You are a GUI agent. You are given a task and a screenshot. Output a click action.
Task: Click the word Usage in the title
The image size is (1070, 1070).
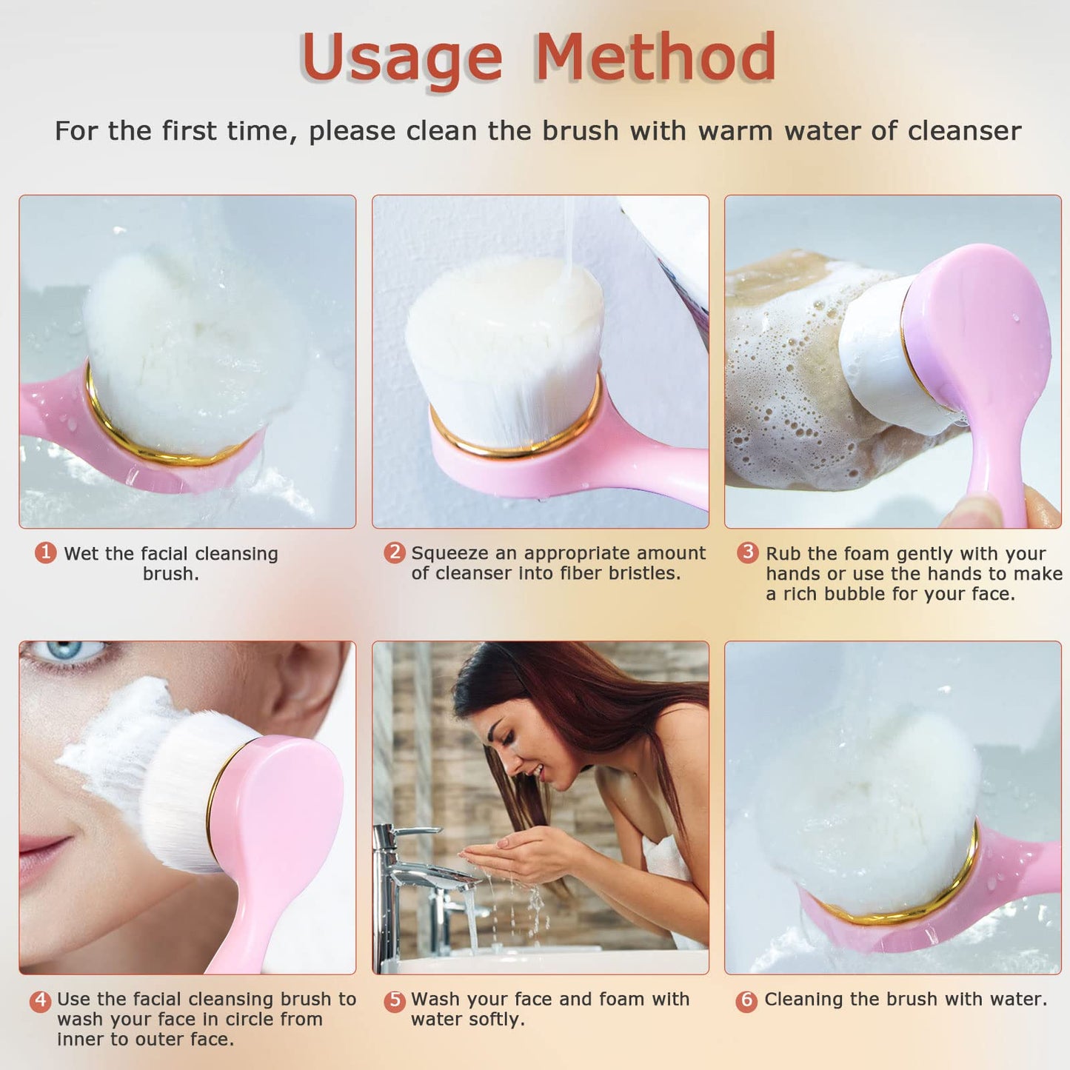coord(401,58)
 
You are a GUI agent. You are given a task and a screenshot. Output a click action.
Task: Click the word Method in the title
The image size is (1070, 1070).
coord(655,58)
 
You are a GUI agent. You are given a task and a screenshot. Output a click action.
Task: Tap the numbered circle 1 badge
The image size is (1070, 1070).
coord(46,552)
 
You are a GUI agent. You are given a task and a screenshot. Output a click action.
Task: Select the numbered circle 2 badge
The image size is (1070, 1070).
coord(395,552)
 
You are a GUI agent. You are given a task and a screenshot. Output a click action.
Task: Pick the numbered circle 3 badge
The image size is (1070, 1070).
coord(748,552)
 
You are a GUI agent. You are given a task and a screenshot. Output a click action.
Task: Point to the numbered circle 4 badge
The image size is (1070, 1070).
coord(41,1001)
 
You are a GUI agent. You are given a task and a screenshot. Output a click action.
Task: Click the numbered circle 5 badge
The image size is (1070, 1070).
coord(395,1001)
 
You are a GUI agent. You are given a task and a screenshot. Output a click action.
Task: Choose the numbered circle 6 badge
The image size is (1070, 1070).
coord(746,1001)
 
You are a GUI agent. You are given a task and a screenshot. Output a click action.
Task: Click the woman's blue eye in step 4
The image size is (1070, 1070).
coord(67,652)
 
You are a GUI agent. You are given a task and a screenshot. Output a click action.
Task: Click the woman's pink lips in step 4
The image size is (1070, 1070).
coord(41,852)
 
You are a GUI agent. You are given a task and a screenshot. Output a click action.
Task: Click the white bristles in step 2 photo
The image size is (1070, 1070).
coord(504,348)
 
